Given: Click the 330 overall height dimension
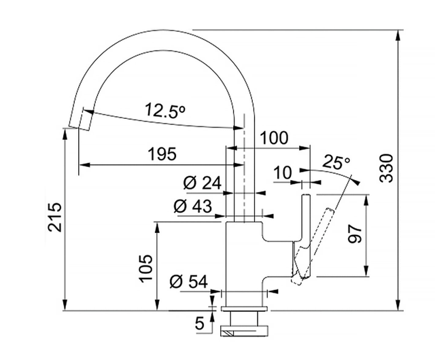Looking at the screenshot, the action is tap(386, 168).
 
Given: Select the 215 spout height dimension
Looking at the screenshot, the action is tap(54, 217).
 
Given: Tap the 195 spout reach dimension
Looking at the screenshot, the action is tap(162, 154).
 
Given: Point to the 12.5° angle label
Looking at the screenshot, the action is tap(164, 110).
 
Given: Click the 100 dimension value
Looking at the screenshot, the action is tap(274, 138).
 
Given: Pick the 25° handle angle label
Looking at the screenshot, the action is tap(336, 162).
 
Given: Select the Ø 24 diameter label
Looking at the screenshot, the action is tap(203, 183).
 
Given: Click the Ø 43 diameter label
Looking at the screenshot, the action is tap(193, 206).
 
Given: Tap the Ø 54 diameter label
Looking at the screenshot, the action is tap(189, 281).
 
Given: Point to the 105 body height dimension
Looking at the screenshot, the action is tap(146, 268).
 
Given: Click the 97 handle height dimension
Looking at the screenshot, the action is tap(355, 234).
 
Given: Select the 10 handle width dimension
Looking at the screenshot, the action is tap(283, 173).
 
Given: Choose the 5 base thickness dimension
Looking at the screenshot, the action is tap(200, 323).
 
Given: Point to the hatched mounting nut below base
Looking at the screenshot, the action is tap(244, 331).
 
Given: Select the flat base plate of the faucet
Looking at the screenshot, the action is tap(244, 308).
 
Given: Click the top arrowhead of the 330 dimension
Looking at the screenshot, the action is tap(398, 35).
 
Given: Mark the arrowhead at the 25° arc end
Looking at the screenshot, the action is tap(356, 182).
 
